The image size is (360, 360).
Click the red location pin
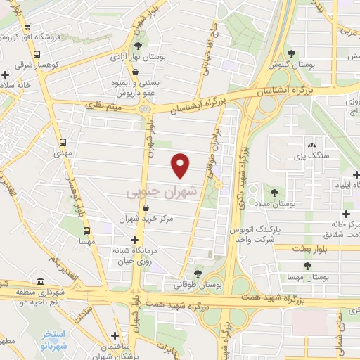point(181,165)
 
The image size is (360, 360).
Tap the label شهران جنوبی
point(163,191)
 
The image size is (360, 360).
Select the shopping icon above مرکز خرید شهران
point(146,207)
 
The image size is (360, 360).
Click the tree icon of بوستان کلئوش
point(291,53)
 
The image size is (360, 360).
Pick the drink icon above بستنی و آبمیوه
point(134,71)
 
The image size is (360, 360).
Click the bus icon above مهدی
point(64,141)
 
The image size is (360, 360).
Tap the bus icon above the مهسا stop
point(86,230)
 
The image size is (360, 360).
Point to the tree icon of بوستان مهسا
point(307,265)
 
